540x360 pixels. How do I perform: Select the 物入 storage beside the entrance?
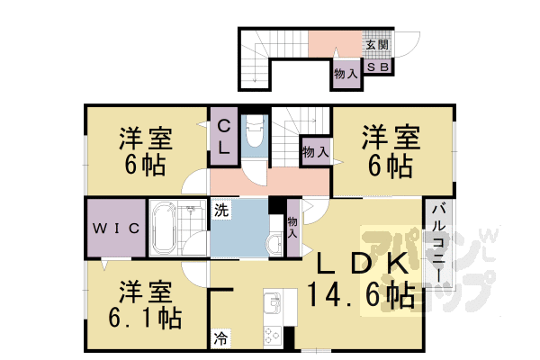[346, 74]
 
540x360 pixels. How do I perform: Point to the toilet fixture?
[254, 136]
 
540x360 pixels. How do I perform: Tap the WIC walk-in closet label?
[115, 229]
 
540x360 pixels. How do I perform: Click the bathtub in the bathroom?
[165, 229]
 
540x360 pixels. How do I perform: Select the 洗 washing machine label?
[220, 212]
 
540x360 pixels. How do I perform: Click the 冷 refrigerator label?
[220, 339]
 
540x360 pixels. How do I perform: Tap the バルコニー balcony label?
[436, 243]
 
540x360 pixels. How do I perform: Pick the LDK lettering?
[360, 263]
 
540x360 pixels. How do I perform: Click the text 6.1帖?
[144, 318]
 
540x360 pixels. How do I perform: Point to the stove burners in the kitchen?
[272, 336]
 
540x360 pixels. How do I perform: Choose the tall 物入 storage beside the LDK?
[292, 228]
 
